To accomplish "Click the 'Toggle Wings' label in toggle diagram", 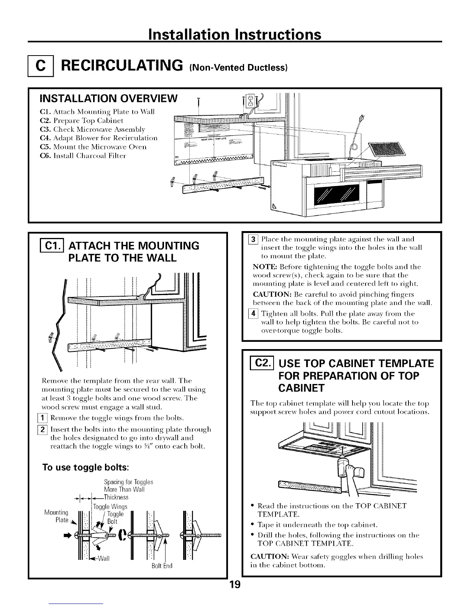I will click(x=110, y=507).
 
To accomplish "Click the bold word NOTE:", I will click(x=263, y=267).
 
